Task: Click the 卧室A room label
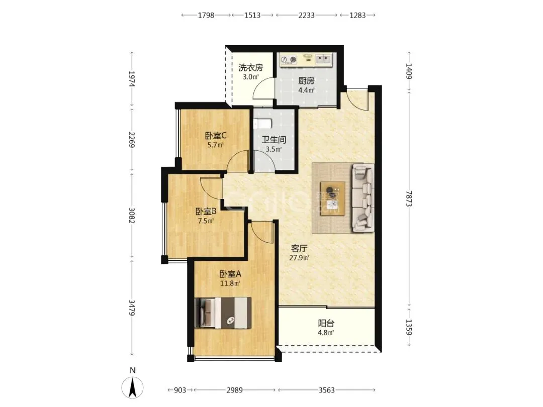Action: [230, 274]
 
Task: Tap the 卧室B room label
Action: [206, 211]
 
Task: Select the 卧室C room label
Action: [216, 136]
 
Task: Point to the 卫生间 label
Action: [274, 140]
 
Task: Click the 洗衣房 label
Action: [250, 67]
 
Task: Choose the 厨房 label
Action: [307, 81]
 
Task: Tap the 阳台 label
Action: [326, 324]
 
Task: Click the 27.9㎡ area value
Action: [299, 258]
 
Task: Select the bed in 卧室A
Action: [223, 313]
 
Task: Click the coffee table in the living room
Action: [332, 198]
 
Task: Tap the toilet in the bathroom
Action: [263, 124]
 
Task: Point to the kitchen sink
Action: [323, 59]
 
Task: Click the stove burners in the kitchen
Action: [289, 60]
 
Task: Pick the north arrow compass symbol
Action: [132, 387]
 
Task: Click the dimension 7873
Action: [409, 198]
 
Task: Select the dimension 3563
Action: [327, 390]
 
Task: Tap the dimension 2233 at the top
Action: [307, 15]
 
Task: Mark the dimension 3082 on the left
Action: [132, 215]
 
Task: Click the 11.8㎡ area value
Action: [230, 283]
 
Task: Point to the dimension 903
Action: [180, 390]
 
